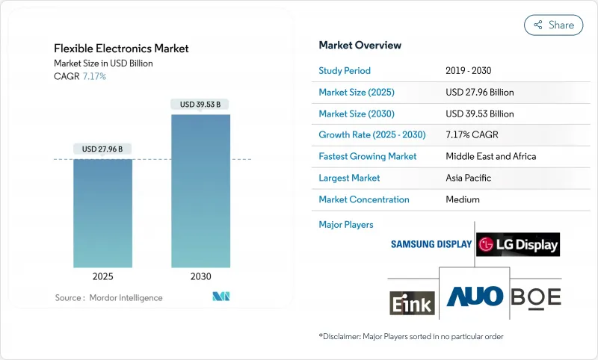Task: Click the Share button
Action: (553, 25)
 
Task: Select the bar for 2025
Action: (102, 213)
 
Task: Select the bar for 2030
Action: (201, 190)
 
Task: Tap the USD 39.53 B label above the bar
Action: (200, 105)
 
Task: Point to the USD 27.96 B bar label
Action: (102, 149)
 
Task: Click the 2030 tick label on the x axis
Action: (200, 276)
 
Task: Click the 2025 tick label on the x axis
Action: (102, 276)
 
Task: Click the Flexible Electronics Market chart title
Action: (121, 49)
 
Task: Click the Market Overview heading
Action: (360, 46)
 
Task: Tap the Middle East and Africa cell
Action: (490, 157)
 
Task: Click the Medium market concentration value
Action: (463, 199)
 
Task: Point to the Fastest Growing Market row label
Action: (367, 157)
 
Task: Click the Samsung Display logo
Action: (431, 244)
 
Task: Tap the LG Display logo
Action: (518, 244)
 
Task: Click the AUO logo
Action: (475, 297)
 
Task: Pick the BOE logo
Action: (535, 297)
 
